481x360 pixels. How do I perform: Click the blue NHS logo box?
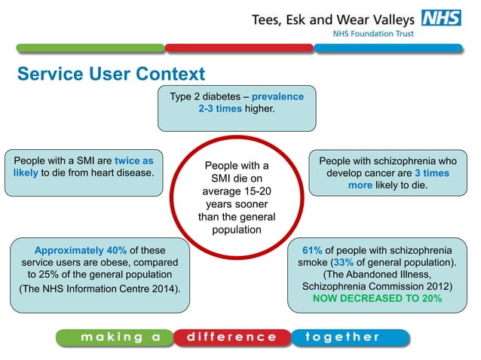(440, 19)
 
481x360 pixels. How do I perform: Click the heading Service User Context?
(111, 75)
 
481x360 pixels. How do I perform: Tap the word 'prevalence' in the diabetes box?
(277, 97)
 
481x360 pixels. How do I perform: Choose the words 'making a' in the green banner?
(121, 337)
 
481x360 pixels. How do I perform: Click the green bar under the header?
(90, 48)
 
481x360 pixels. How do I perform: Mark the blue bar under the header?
(388, 48)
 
